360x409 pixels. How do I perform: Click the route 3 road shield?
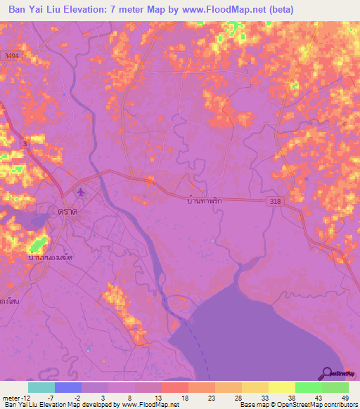26,144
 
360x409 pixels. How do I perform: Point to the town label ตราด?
67,211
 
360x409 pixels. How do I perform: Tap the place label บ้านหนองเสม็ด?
54,258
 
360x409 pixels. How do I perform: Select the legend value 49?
345,398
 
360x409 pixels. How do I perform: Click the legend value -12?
15,398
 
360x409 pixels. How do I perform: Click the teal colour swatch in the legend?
41,387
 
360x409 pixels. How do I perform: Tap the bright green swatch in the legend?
308,387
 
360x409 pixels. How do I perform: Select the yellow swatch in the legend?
281,387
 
